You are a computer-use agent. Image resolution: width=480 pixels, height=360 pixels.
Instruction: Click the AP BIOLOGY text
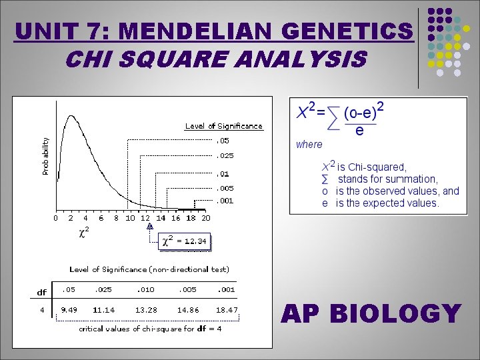pyautogui.click(x=371, y=313)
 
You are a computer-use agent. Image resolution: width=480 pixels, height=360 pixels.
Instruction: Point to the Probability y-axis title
pyautogui.click(x=46, y=157)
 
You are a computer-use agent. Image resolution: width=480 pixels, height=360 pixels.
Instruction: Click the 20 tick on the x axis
pyautogui.click(x=206, y=218)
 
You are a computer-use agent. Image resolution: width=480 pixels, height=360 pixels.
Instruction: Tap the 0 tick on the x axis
pyautogui.click(x=56, y=218)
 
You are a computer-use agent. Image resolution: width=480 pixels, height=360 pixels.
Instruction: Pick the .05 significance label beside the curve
pyautogui.click(x=223, y=141)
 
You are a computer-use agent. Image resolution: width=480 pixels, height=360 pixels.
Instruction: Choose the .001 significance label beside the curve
pyautogui.click(x=225, y=201)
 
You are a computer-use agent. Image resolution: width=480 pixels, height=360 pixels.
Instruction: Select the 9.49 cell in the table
pyautogui.click(x=68, y=309)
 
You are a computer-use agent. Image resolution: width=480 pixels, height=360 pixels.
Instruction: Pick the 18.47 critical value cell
pyautogui.click(x=227, y=309)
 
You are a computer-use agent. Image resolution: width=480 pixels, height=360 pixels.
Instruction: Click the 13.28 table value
pyautogui.click(x=146, y=309)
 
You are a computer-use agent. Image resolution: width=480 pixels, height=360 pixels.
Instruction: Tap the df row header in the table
pyautogui.click(x=41, y=291)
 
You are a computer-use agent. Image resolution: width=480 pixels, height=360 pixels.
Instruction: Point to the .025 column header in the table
pyautogui.click(x=103, y=290)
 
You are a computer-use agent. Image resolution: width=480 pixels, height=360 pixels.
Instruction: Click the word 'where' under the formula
pyautogui.click(x=309, y=144)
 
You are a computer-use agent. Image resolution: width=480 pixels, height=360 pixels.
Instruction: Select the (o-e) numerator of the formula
pyautogui.click(x=361, y=113)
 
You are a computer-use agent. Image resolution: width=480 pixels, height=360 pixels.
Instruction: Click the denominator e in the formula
pyautogui.click(x=359, y=131)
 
